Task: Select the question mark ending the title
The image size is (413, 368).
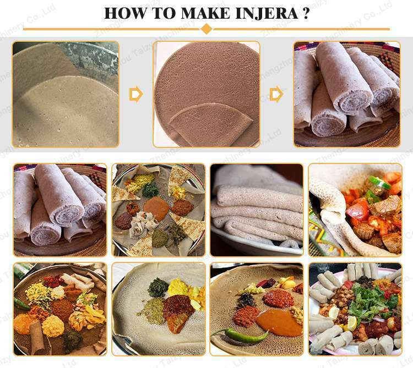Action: (305, 13)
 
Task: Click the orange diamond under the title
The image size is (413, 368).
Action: (206, 29)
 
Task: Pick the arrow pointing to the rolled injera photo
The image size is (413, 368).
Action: (277, 95)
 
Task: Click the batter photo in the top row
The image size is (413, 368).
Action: (66, 94)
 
